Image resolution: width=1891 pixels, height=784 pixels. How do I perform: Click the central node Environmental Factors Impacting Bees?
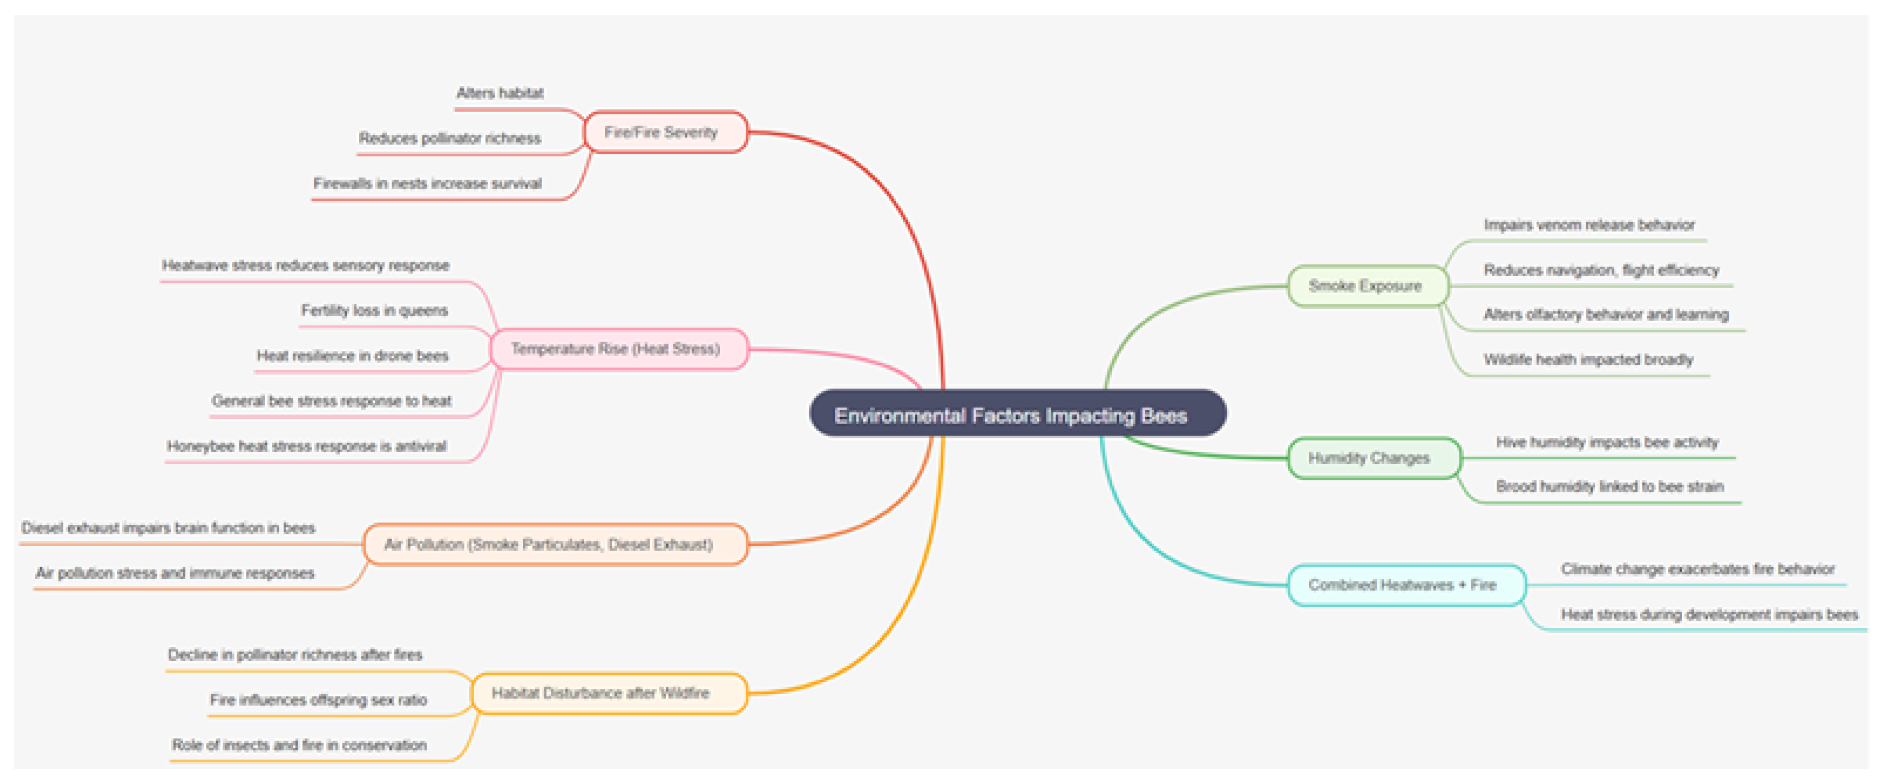[1018, 413]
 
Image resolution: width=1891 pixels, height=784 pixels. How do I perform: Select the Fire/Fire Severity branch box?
[665, 132]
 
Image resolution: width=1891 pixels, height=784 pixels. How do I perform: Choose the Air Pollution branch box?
[555, 544]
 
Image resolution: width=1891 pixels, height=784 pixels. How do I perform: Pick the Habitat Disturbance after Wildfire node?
[608, 693]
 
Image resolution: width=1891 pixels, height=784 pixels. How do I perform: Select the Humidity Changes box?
[1374, 458]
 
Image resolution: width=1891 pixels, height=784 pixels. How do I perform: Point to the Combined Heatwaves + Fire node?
[1407, 585]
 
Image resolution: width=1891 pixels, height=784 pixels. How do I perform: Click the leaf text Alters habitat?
[500, 92]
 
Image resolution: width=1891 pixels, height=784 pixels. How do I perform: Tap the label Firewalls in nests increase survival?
[427, 183]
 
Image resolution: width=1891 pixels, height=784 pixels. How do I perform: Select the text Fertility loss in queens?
[374, 311]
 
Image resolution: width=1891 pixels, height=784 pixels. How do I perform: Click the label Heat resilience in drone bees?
[352, 356]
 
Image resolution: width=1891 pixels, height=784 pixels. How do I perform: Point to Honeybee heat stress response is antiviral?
[306, 446]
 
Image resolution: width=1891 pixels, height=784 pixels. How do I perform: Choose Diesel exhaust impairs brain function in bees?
[168, 528]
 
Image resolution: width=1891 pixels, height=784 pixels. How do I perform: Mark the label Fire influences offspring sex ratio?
[318, 700]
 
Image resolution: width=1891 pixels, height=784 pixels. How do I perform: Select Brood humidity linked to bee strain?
[1610, 487]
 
